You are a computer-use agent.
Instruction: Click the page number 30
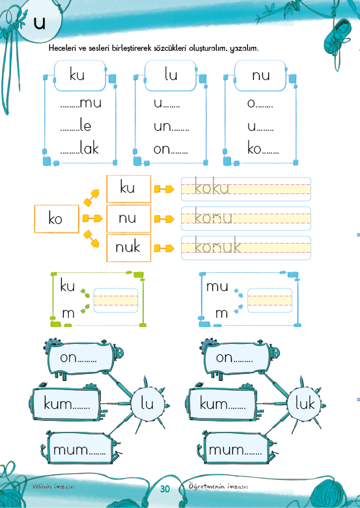click(165, 488)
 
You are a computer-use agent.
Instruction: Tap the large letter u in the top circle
click(40, 23)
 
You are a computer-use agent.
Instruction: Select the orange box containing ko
click(57, 219)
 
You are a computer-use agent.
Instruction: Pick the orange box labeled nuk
click(129, 248)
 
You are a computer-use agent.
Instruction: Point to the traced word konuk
click(217, 246)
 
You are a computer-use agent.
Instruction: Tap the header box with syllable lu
click(171, 76)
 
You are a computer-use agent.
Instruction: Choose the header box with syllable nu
click(260, 76)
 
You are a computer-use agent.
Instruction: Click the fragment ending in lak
click(79, 148)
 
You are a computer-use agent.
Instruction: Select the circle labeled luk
click(304, 404)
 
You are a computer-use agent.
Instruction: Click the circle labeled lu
click(147, 404)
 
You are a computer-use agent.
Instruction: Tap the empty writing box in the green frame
click(116, 300)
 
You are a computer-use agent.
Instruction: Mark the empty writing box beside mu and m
click(270, 300)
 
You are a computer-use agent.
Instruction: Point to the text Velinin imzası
click(53, 487)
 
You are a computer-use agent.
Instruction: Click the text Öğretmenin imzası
click(219, 487)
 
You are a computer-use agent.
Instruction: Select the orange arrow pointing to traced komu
click(164, 219)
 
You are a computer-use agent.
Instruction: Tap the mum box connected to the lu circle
click(80, 449)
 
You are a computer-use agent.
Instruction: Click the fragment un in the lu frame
click(171, 126)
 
